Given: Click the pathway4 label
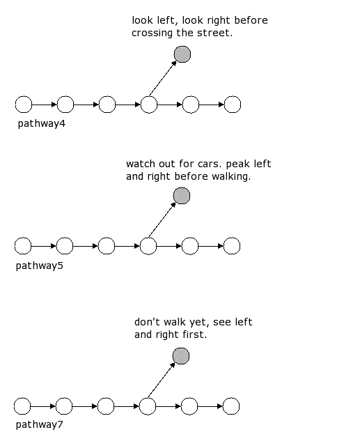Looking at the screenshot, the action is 41,123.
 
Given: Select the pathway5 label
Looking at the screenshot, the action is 40,265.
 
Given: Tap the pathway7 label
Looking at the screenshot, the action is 40,424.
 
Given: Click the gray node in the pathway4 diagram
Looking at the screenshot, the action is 182,54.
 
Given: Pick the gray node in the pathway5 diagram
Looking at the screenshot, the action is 182,196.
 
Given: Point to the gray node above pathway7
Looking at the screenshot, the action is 181,356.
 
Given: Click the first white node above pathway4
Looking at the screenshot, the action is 24,105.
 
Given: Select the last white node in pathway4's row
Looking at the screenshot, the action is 233,105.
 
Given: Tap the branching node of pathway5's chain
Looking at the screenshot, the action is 148,246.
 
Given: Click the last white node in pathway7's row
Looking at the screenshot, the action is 231,406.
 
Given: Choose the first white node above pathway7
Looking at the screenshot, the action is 22,406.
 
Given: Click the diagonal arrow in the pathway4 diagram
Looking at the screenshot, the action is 163,79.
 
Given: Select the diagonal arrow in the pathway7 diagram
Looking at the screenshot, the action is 162,380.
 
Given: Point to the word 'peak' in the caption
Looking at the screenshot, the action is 237,164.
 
